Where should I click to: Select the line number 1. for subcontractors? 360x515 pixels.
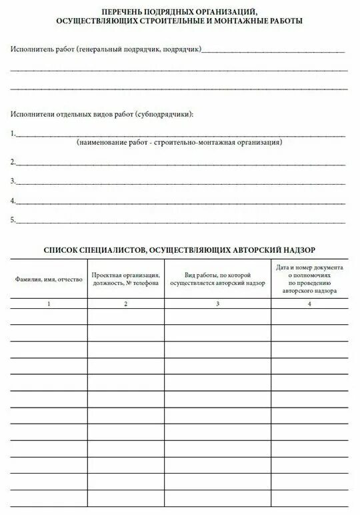[13, 133]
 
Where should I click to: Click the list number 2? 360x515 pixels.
[13, 161]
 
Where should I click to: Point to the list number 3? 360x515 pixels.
[13, 181]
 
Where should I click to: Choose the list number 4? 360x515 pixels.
[13, 201]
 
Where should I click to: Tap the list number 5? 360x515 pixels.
[13, 220]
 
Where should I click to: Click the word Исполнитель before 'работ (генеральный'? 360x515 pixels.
[31, 49]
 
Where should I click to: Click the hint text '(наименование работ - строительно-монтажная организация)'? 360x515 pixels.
[179, 143]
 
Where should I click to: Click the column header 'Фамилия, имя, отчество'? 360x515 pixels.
[49, 278]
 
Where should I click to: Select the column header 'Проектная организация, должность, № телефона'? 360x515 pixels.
[126, 279]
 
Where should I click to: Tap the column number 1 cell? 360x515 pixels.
[49, 304]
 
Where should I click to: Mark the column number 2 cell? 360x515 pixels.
[126, 304]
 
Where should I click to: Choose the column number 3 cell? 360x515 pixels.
[218, 304]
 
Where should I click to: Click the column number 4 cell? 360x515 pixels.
[309, 304]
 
